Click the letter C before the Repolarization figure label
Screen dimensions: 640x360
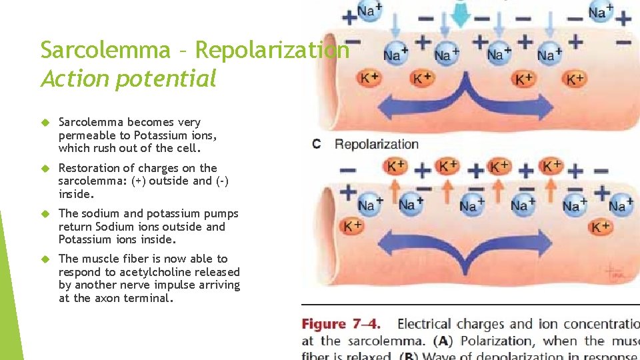pos(317,144)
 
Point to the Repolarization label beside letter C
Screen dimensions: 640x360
pos(377,144)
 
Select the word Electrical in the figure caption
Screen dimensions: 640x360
pos(425,325)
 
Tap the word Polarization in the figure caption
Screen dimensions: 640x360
pos(508,341)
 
